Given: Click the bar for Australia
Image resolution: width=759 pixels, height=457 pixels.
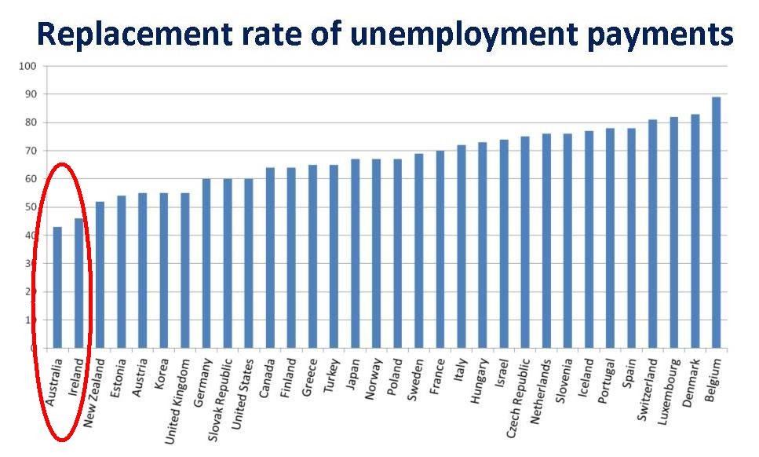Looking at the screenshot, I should pyautogui.click(x=57, y=287).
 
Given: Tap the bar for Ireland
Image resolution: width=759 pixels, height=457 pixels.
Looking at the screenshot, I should pyautogui.click(x=78, y=283).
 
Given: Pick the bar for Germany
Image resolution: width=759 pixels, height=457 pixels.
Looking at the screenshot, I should pyautogui.click(x=206, y=263).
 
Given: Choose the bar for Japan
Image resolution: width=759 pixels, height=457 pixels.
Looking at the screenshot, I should pyautogui.click(x=355, y=254).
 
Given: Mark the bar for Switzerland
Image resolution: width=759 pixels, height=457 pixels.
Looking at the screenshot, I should pyautogui.click(x=652, y=234).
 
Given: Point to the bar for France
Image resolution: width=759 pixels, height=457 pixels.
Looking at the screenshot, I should pyautogui.click(x=440, y=249).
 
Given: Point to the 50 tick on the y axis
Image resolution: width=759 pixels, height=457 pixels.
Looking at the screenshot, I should pyautogui.click(x=29, y=207).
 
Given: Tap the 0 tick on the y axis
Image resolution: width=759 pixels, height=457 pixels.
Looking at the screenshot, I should pyautogui.click(x=32, y=349).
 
